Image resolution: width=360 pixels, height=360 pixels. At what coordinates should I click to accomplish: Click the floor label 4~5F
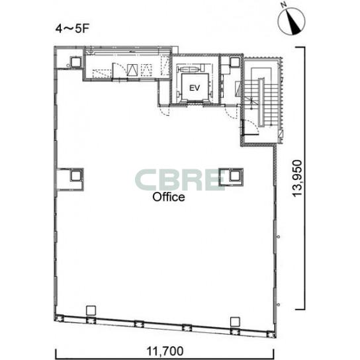(x=72, y=29)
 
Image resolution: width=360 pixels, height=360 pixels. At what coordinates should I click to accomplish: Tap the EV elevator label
(x=195, y=88)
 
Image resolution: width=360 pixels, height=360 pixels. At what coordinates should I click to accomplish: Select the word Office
(x=169, y=197)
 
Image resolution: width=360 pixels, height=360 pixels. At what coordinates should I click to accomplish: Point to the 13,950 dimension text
(x=297, y=179)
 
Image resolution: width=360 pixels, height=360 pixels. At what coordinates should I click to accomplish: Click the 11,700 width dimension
(x=165, y=351)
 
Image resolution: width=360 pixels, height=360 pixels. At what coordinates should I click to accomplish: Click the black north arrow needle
(x=293, y=22)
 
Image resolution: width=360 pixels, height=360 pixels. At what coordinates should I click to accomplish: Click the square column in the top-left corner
(x=75, y=62)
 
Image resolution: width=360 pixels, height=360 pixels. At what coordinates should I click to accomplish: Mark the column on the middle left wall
(x=75, y=176)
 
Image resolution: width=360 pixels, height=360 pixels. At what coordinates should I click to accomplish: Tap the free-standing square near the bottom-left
(x=91, y=310)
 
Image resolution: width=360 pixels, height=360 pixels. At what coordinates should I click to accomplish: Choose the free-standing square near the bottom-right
(x=235, y=322)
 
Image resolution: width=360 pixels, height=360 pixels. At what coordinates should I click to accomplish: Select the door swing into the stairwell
(x=251, y=128)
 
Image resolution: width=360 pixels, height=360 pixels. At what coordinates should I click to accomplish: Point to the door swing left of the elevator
(x=165, y=111)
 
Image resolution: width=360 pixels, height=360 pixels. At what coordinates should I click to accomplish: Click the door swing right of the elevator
(x=231, y=112)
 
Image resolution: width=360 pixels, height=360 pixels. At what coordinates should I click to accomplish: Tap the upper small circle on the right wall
(x=278, y=237)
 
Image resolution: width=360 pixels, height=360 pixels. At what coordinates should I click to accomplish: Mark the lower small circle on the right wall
(x=278, y=304)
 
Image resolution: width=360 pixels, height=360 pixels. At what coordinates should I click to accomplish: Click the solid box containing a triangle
(x=132, y=69)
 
